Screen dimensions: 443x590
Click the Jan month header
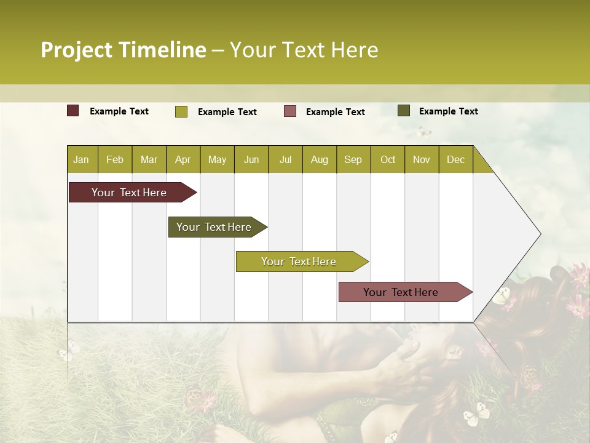81,159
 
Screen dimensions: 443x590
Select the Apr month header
183,159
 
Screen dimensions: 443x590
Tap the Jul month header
285,159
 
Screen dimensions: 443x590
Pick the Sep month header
353,159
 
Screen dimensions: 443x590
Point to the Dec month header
455,159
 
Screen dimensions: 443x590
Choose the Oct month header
388,159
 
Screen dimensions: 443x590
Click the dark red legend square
73,111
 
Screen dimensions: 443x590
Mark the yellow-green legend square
181,111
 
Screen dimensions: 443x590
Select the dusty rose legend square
290,111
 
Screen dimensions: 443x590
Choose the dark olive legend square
404,111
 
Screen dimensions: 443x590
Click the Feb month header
115,159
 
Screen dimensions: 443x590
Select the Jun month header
251,159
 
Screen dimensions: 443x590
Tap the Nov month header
422,159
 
